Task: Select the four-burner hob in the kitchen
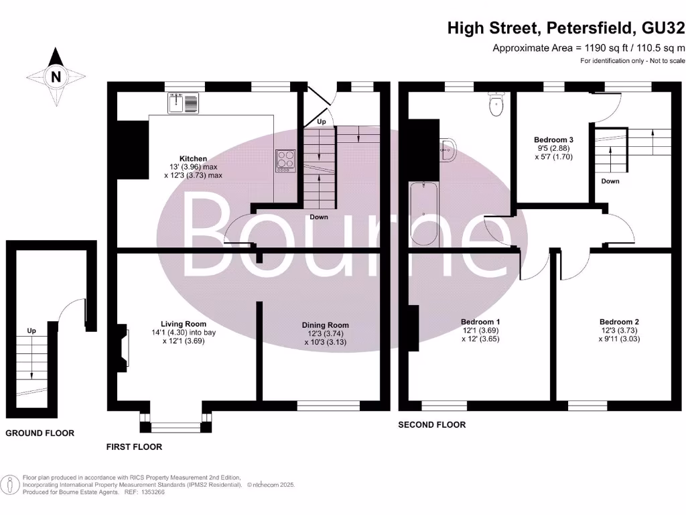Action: click(x=286, y=160)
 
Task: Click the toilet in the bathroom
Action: click(x=496, y=105)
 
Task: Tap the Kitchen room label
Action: click(x=193, y=159)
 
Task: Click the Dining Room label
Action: click(x=325, y=325)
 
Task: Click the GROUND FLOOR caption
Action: click(x=40, y=433)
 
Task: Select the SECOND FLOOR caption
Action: click(x=431, y=424)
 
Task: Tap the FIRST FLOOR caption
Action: click(x=134, y=447)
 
